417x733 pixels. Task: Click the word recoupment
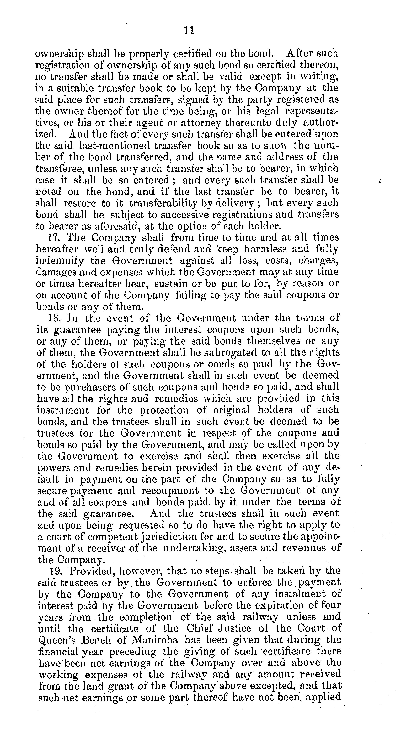point(170,490)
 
